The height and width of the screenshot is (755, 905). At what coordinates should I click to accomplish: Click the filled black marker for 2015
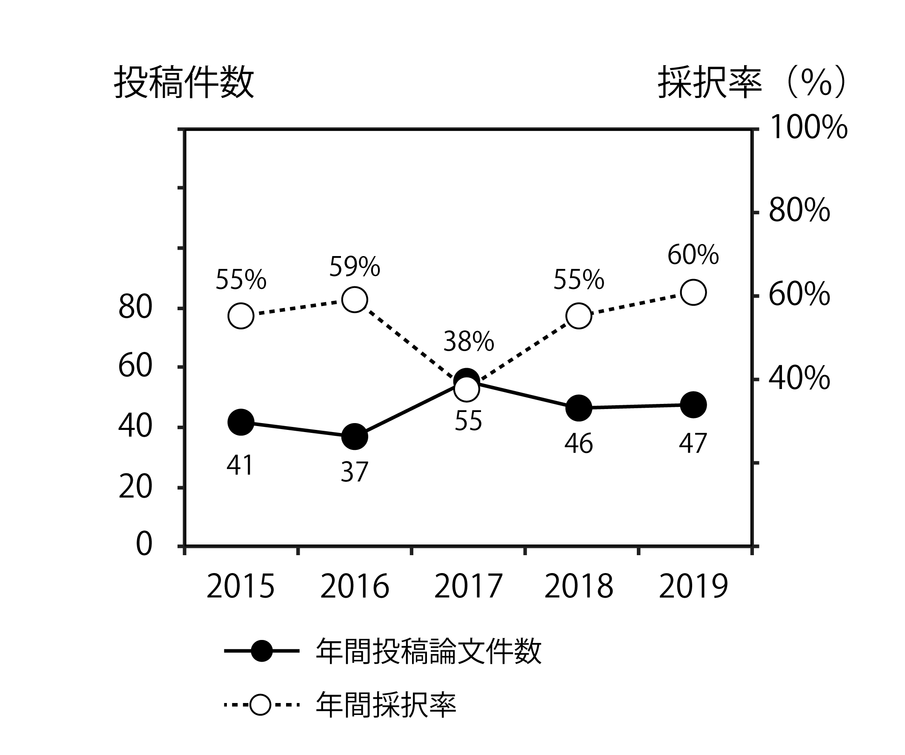click(241, 422)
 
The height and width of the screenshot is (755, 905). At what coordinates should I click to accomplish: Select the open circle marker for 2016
click(354, 300)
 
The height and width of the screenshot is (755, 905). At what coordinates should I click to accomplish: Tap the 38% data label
click(468, 342)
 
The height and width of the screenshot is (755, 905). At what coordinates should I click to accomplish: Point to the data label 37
click(354, 472)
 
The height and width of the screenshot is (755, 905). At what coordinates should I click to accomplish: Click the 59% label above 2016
click(354, 267)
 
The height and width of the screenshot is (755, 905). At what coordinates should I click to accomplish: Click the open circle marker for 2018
click(579, 316)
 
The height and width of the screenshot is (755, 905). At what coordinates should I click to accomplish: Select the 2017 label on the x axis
click(468, 587)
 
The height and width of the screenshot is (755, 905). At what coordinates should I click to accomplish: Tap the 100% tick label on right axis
click(808, 128)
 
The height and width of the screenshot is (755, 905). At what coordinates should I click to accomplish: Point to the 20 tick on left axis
click(135, 488)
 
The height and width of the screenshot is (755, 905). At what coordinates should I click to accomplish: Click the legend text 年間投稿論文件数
click(428, 651)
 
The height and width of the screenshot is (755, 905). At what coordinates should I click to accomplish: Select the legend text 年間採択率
click(386, 705)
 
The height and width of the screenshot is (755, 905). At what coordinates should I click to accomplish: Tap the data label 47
click(693, 444)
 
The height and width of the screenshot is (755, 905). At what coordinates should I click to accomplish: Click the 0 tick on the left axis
click(144, 545)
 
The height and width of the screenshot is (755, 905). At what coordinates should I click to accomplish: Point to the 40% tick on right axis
click(799, 379)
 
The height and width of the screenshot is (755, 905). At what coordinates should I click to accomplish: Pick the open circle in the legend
click(260, 705)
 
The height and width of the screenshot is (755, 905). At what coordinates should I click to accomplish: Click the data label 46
click(579, 444)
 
